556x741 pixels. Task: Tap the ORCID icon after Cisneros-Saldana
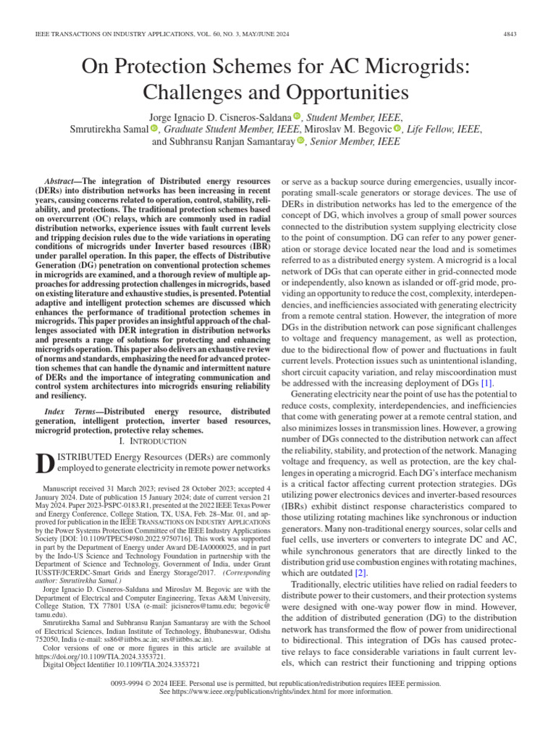297,117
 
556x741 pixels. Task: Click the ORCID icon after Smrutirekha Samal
154,129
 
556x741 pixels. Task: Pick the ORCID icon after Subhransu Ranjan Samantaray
301,142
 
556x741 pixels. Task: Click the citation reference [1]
487,381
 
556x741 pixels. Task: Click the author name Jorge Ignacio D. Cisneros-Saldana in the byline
219,117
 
